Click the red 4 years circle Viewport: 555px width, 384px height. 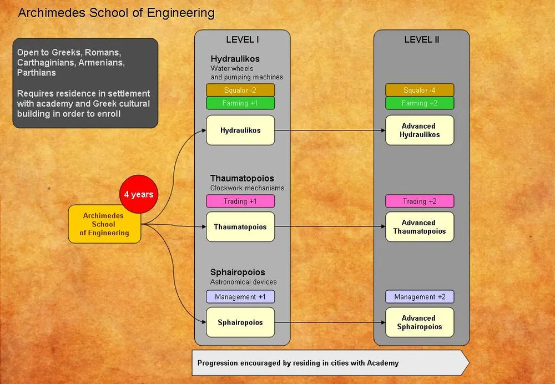139,195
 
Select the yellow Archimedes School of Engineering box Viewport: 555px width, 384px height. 104,224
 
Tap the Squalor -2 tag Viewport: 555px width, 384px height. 240,90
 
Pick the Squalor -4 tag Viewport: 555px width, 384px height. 420,90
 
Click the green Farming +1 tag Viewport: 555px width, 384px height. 240,103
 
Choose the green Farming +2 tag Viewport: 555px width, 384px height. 420,103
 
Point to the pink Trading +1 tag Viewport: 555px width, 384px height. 240,201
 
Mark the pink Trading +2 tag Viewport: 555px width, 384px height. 420,201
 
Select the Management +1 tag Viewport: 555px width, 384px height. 240,297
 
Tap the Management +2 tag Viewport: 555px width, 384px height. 420,297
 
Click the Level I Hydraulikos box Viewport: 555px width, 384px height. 240,130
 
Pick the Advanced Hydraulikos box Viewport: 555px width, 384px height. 420,130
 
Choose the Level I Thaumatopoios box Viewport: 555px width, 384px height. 240,227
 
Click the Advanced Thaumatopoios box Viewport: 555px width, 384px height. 420,227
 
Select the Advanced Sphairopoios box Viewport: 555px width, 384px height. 420,322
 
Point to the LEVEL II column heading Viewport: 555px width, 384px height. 422,40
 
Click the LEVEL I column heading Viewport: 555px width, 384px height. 243,40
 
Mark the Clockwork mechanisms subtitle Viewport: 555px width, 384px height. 247,188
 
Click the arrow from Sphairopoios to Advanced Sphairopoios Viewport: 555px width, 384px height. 330,322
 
